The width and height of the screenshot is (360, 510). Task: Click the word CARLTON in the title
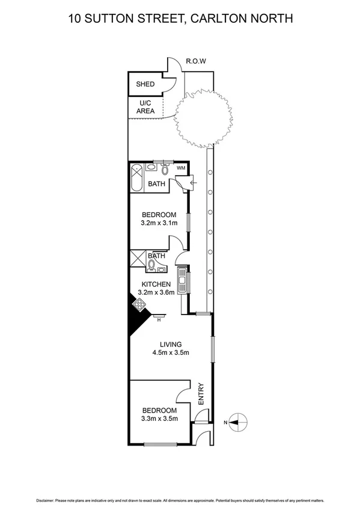220,19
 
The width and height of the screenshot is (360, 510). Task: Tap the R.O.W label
197,61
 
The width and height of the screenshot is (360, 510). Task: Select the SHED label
145,85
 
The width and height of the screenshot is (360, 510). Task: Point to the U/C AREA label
145,107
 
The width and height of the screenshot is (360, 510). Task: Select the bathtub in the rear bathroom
136,177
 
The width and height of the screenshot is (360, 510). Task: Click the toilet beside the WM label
165,169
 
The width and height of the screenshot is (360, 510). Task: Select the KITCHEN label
156,284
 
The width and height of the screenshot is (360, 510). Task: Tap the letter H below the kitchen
159,320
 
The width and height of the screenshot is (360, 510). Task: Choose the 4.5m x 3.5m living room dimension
171,352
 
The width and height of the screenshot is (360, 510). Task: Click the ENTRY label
201,393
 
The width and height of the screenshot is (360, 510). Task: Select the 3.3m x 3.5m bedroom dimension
159,419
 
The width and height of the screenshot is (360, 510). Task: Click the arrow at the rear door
192,183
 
